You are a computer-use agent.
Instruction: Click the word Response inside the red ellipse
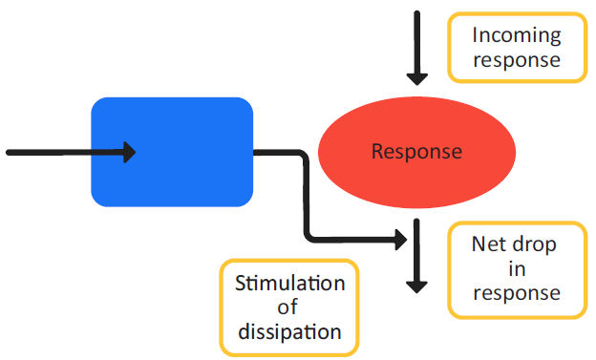pos(416,152)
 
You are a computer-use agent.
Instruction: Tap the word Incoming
pos(517,35)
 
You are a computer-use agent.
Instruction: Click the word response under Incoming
pos(517,59)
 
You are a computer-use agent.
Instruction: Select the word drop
pos(534,244)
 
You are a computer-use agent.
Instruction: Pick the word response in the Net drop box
pos(515,292)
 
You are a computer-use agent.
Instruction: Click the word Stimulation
pos(289,284)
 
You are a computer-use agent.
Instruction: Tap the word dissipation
pos(289,332)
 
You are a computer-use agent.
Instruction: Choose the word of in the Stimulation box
pos(289,307)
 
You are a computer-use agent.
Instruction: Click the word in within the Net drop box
pos(515,268)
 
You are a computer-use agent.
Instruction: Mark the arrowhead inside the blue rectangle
pos(128,152)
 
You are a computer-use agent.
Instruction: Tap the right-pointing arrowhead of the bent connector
pos(399,240)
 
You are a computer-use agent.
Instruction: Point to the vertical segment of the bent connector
pos(306,201)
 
